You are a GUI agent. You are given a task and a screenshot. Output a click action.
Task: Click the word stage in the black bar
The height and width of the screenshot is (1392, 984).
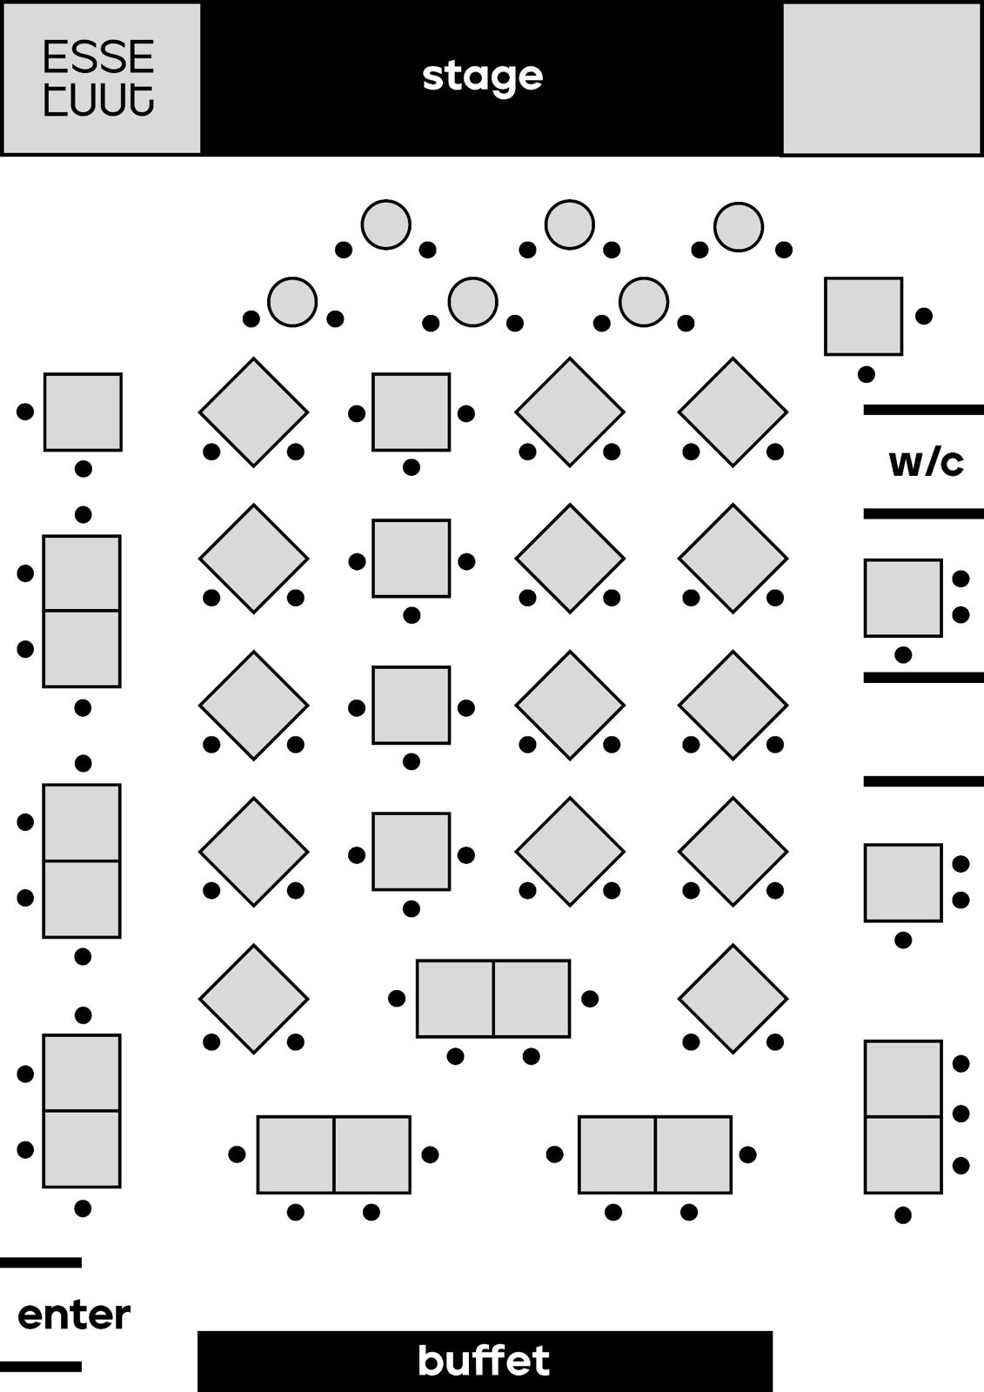483,77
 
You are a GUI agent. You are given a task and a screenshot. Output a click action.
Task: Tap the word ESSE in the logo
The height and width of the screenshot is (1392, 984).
98,57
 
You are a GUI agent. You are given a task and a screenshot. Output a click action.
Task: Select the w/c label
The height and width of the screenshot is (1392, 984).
926,462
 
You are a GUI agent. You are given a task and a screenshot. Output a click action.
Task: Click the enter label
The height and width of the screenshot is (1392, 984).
74,1315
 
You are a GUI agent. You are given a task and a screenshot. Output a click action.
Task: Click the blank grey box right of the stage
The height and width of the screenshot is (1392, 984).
882,78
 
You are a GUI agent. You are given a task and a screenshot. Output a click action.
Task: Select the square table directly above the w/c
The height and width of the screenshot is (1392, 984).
863,317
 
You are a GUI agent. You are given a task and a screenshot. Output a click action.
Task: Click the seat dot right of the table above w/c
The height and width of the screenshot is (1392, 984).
924,316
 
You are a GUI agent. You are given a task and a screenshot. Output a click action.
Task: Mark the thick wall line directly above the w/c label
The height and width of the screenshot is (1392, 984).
923,410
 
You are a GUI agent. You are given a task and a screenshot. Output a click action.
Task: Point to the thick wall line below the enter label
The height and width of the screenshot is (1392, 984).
41,1367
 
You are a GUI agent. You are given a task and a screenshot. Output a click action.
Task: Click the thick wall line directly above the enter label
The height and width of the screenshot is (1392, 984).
41,1262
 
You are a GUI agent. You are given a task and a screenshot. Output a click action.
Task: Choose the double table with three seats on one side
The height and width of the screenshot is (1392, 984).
903,1117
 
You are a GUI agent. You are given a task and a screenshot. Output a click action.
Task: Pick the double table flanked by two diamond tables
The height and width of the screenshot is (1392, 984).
493,999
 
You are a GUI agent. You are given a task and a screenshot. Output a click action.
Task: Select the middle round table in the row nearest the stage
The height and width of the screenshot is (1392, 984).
570,224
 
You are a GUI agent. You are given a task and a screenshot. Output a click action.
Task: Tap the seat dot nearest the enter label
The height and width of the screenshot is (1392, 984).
83,1208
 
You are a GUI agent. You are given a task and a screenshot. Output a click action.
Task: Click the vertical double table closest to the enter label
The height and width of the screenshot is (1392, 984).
82,1111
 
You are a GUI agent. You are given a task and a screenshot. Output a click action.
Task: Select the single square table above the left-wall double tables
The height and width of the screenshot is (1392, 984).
83,412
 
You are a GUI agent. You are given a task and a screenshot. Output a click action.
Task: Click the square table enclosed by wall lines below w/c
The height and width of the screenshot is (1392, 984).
903,598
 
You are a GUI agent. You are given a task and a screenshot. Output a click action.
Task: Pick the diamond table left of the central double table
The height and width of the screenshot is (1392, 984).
253,999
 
